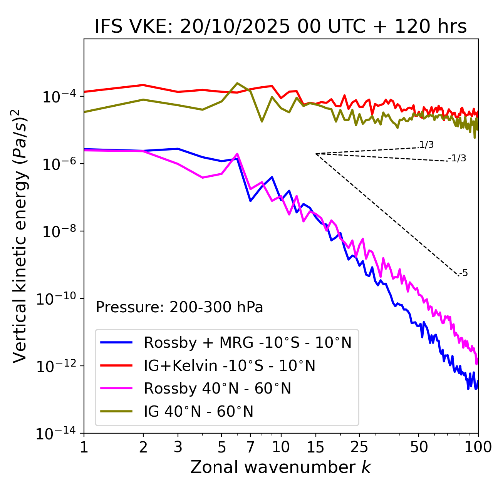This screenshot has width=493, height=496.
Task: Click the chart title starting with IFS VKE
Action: [281, 27]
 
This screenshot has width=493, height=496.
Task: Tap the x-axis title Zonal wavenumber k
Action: [281, 467]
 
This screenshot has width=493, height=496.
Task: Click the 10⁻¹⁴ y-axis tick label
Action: [55, 434]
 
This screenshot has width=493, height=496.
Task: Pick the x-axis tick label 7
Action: [250, 447]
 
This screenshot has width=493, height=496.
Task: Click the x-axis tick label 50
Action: [419, 447]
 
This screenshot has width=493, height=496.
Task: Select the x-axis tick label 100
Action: [478, 447]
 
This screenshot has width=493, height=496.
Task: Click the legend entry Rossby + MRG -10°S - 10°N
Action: [248, 342]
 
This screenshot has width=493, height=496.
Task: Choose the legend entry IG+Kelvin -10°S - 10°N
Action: [230, 365]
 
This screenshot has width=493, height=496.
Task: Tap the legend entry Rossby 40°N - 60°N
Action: [217, 389]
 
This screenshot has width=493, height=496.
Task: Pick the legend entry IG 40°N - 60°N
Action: [198, 412]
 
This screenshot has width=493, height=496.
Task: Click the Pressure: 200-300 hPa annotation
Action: [179, 307]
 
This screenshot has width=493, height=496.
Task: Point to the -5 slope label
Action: [463, 273]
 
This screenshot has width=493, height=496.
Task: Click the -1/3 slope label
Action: [457, 158]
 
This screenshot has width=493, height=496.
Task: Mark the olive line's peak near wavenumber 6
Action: [237, 83]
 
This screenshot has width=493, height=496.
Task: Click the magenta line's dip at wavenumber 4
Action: [203, 178]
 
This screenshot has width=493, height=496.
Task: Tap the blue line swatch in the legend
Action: [116, 342]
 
